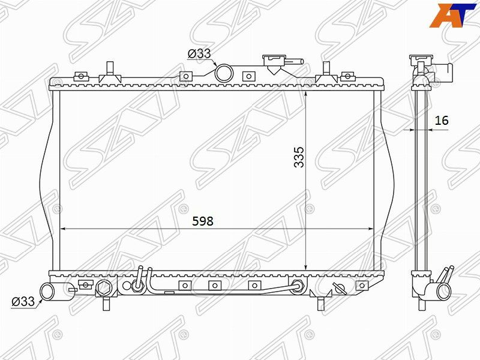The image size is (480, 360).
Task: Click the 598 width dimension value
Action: (203, 221)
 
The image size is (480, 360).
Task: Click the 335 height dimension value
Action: (299, 157)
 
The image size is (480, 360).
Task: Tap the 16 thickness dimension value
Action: (442, 121)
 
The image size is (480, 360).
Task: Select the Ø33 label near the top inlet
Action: (199, 53)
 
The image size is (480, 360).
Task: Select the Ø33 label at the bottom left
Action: (23, 301)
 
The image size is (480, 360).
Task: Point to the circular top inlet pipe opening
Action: (224, 73)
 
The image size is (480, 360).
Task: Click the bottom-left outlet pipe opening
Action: (47, 291)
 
